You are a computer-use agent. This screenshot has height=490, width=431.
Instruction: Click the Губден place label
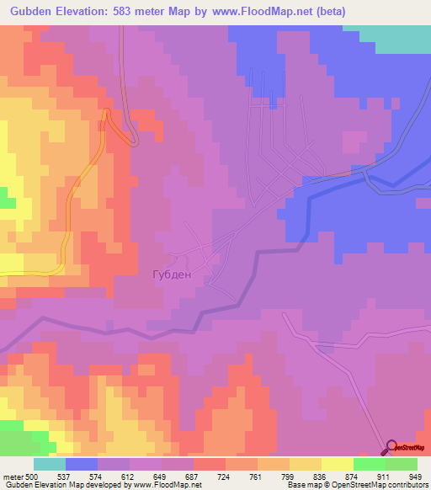[172, 274]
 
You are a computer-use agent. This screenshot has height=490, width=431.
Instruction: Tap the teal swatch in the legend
[50, 464]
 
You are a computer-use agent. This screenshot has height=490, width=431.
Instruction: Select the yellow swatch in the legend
[338, 464]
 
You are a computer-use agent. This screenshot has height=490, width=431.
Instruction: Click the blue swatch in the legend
[82, 464]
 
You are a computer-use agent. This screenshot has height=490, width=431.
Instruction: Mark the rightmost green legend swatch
[402, 464]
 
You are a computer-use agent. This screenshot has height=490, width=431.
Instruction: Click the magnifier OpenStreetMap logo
[392, 447]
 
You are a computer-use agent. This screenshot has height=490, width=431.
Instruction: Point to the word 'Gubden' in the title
[28, 11]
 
